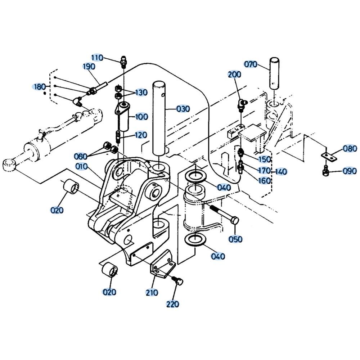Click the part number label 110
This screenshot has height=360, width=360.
tap(97, 58)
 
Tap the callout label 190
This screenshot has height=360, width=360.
tap(89, 67)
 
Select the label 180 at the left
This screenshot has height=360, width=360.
tap(39, 86)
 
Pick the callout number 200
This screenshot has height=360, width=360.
tap(235, 75)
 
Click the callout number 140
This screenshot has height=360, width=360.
tap(281, 172)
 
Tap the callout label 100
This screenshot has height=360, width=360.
tap(141, 117)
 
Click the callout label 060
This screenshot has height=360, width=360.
tap(81, 156)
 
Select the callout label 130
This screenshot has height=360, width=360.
tap(141, 93)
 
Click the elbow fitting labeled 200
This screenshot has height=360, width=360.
tap(242, 104)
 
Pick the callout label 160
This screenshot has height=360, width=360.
tap(265, 180)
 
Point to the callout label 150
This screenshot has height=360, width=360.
tap(265, 159)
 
